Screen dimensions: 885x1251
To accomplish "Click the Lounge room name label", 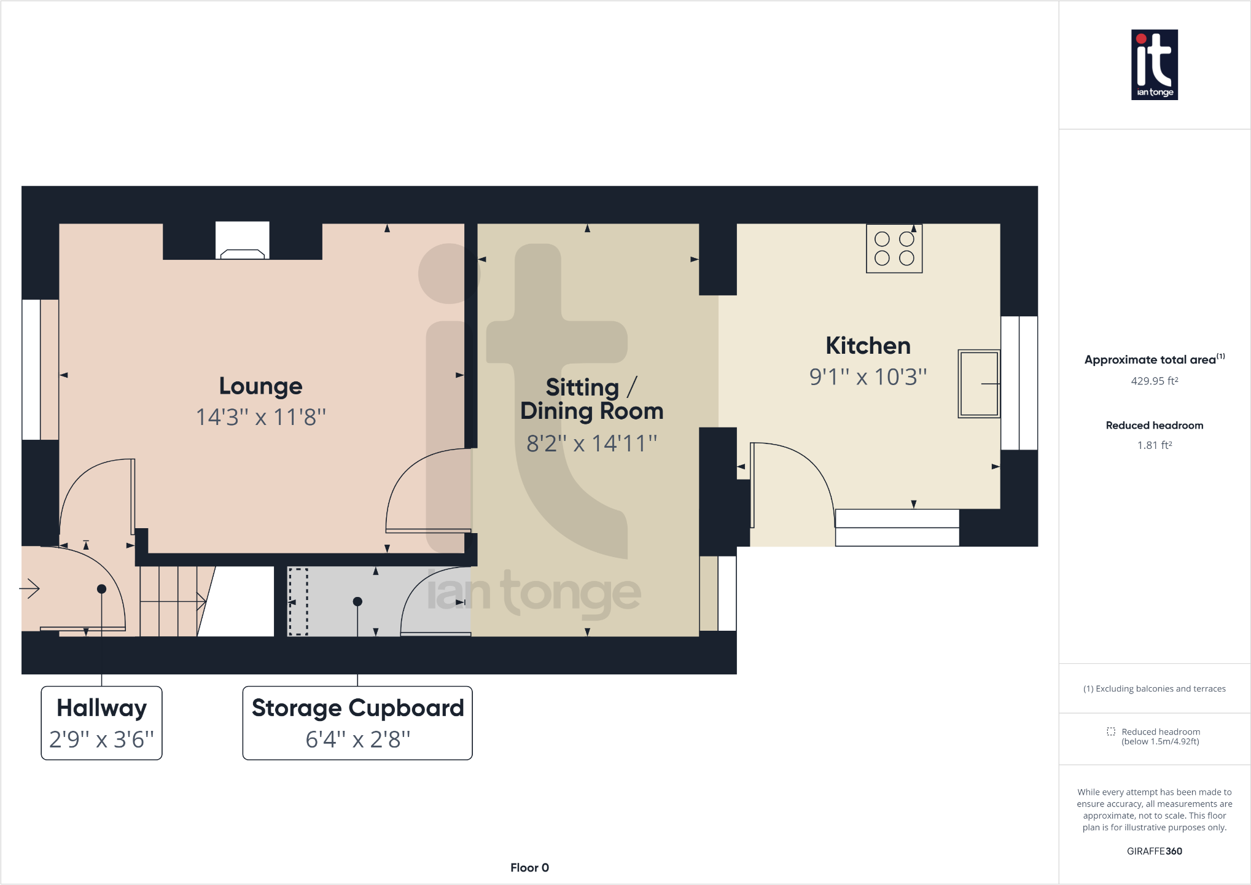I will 260,386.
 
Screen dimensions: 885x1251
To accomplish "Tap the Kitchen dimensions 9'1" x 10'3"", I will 867,377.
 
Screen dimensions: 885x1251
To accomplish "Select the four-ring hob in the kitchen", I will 894,249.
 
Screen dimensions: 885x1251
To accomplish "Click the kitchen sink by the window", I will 978,384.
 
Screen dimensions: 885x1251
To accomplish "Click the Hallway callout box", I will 101,723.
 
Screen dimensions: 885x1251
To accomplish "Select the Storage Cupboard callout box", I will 357,723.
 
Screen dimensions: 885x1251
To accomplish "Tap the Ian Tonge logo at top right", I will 1154,64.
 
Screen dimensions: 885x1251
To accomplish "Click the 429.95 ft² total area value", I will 1154,381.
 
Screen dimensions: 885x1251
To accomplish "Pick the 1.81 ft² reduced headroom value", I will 1154,445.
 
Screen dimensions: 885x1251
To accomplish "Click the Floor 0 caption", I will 529,867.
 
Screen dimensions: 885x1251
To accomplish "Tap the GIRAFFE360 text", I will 1154,851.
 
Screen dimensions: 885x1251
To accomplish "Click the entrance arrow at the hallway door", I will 29,589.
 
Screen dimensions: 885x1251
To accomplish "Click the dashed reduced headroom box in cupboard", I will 298,602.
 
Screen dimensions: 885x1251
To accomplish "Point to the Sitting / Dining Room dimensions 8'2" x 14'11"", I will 591,443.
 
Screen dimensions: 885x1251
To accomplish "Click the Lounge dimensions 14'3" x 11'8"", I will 260,418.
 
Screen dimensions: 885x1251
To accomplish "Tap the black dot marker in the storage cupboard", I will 357,601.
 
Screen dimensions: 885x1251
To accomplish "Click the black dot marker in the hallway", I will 102,589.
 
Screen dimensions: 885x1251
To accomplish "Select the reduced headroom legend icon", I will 1110,731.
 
